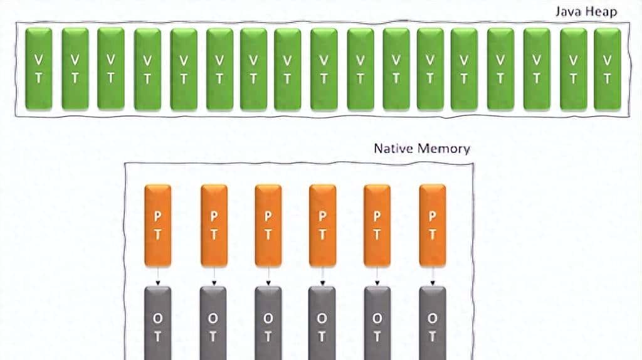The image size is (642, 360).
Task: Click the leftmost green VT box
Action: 38,69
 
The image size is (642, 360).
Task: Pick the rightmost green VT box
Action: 607,69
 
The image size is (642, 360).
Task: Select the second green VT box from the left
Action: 75,69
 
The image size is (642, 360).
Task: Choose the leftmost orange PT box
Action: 157,225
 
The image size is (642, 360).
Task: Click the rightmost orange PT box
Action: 432,225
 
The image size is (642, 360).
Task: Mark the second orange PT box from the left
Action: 214,225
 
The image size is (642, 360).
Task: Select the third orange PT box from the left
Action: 268,225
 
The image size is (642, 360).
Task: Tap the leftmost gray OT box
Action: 157,323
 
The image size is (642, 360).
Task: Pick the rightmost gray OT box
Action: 432,323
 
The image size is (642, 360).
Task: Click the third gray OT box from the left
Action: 268,323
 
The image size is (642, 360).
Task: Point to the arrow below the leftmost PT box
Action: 157,275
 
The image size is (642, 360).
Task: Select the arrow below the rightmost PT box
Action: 432,275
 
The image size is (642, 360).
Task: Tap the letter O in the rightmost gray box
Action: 432,318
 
